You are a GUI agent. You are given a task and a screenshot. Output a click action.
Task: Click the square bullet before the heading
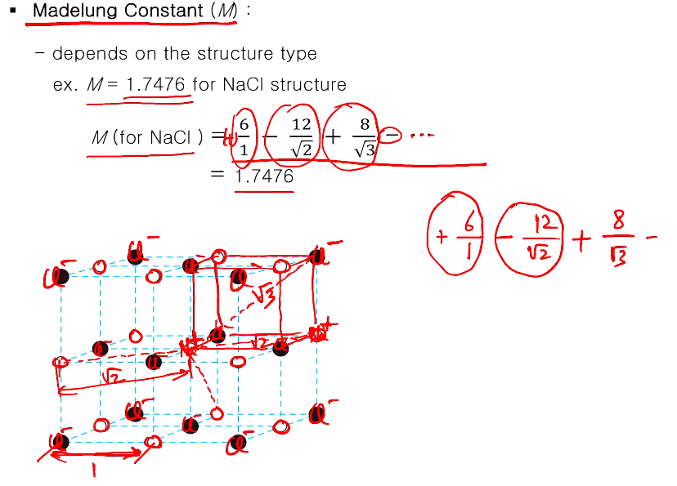12,12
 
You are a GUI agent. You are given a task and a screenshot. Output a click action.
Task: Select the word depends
86,54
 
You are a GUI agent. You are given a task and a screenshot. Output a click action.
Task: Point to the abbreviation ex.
65,85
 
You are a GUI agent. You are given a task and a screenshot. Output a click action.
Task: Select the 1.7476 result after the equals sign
264,176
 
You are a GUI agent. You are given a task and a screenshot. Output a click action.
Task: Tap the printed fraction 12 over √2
301,136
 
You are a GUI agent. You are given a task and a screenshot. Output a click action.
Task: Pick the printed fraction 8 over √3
364,136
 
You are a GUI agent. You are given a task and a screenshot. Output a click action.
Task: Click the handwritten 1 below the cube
93,471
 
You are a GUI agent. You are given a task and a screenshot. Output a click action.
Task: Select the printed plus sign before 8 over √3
335,136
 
